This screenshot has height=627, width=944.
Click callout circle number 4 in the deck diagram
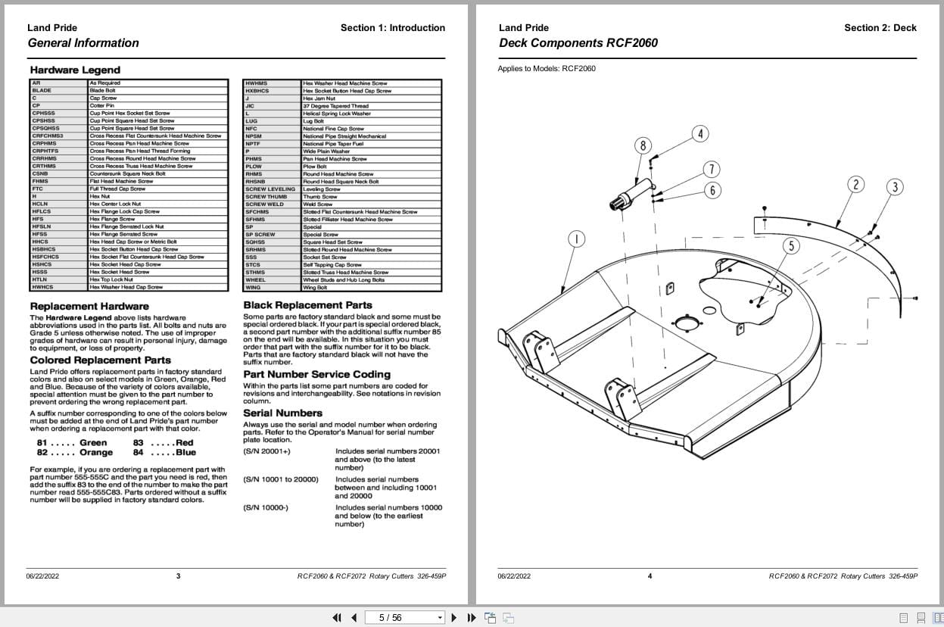coord(700,134)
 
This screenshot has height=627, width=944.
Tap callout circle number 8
coord(643,145)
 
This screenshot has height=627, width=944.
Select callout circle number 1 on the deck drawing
coord(576,239)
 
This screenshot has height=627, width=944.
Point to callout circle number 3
coord(895,187)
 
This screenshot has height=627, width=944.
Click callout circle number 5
coord(791,245)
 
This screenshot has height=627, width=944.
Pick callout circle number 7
coord(712,169)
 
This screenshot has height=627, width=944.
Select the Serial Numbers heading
coord(282,413)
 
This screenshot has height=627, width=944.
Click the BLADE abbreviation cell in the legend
coord(42,90)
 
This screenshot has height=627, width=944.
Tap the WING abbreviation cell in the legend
coord(253,287)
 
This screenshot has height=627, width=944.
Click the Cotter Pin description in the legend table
coord(101,105)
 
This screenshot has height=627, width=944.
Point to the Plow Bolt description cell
coord(315,166)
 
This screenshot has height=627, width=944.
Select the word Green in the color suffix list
coord(93,442)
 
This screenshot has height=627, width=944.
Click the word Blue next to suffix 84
coord(185,452)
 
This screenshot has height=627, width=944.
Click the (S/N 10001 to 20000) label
coord(281,479)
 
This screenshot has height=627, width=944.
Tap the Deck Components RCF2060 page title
coord(578,43)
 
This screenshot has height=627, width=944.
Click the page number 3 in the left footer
coord(179,576)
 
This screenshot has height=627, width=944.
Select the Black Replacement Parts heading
coord(307,305)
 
